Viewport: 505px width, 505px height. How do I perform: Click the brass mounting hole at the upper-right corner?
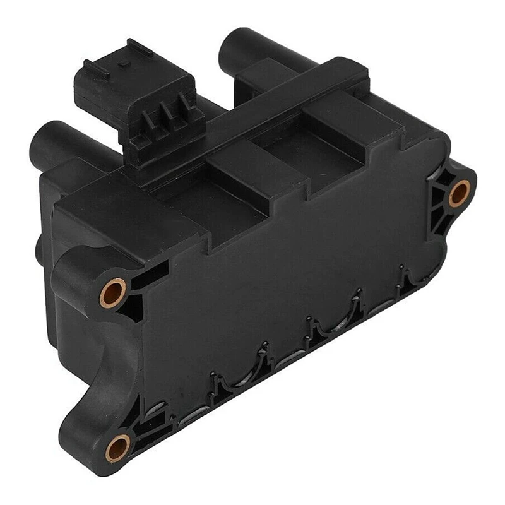click(x=460, y=193)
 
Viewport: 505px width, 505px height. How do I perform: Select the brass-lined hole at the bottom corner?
click(x=118, y=448)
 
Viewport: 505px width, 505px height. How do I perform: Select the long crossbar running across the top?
click(x=265, y=107)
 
